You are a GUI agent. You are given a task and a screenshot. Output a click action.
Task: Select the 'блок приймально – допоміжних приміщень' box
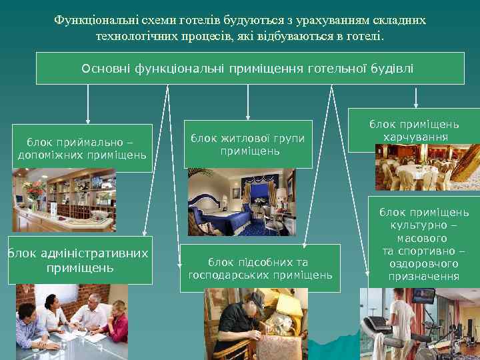point(82,148)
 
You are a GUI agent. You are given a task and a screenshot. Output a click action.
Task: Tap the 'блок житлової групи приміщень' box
point(248,144)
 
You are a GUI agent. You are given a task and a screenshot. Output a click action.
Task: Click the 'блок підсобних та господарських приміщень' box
point(260,268)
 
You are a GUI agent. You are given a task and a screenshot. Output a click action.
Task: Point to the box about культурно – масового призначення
point(423,244)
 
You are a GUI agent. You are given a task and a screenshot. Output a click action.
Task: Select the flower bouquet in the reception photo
point(31,189)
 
